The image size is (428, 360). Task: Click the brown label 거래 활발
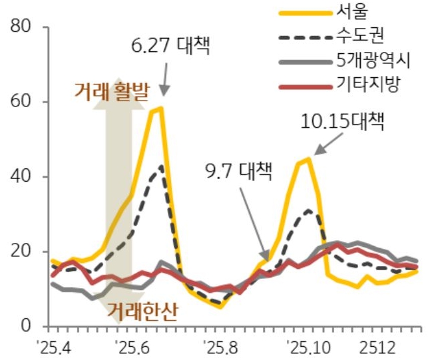coord(113,90)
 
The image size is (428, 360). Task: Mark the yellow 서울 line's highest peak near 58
coord(160,108)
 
